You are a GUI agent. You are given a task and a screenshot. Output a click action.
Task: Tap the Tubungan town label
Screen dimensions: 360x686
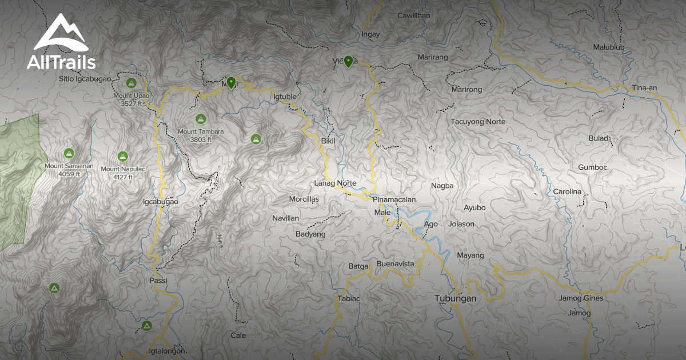click(x=455, y=298)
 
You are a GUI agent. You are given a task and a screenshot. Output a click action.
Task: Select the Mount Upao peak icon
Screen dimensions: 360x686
click(x=130, y=83)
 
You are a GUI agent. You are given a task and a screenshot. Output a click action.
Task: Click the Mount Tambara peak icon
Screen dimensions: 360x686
click(x=200, y=119)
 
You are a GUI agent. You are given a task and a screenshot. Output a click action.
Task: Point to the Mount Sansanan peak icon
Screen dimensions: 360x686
click(x=69, y=153)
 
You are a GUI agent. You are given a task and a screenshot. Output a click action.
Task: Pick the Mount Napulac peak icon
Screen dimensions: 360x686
click(x=122, y=156)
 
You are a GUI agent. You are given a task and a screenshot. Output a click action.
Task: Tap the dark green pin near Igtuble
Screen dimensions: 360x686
click(x=231, y=83)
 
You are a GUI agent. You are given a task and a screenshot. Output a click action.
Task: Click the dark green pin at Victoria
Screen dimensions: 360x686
click(x=348, y=61)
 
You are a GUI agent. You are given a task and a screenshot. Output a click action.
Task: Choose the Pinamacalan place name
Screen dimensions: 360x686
click(x=394, y=199)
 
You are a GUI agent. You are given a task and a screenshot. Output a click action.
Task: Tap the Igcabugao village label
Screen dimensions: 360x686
click(x=161, y=202)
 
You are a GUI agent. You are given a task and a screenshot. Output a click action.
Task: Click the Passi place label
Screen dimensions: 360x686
click(x=158, y=281)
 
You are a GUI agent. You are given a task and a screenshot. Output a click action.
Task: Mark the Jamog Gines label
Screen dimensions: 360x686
click(x=581, y=298)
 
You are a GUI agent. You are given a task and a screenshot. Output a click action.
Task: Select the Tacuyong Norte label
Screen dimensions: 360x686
click(x=478, y=122)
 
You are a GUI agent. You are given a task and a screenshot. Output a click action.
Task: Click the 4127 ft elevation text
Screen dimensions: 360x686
click(x=122, y=177)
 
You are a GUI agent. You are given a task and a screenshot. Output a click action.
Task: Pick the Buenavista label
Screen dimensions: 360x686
click(x=395, y=264)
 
